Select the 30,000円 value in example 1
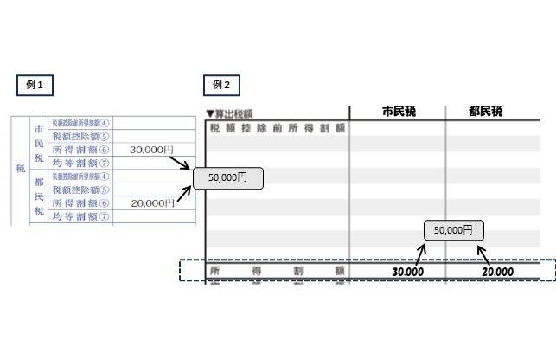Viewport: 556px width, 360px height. point(151,150)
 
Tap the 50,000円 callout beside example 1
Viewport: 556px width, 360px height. point(227,177)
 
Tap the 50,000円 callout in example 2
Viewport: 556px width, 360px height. point(453,231)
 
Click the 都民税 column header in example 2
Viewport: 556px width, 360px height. point(486,112)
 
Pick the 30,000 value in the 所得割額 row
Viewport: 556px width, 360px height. point(407,272)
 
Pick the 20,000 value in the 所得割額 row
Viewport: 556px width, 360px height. point(497,272)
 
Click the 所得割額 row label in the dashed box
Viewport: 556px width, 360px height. point(277,272)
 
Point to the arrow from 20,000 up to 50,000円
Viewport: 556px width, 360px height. point(485,254)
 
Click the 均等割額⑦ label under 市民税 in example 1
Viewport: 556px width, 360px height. point(80,163)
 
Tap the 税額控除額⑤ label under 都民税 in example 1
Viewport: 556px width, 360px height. point(80,190)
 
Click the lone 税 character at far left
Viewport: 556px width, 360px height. point(19,169)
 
